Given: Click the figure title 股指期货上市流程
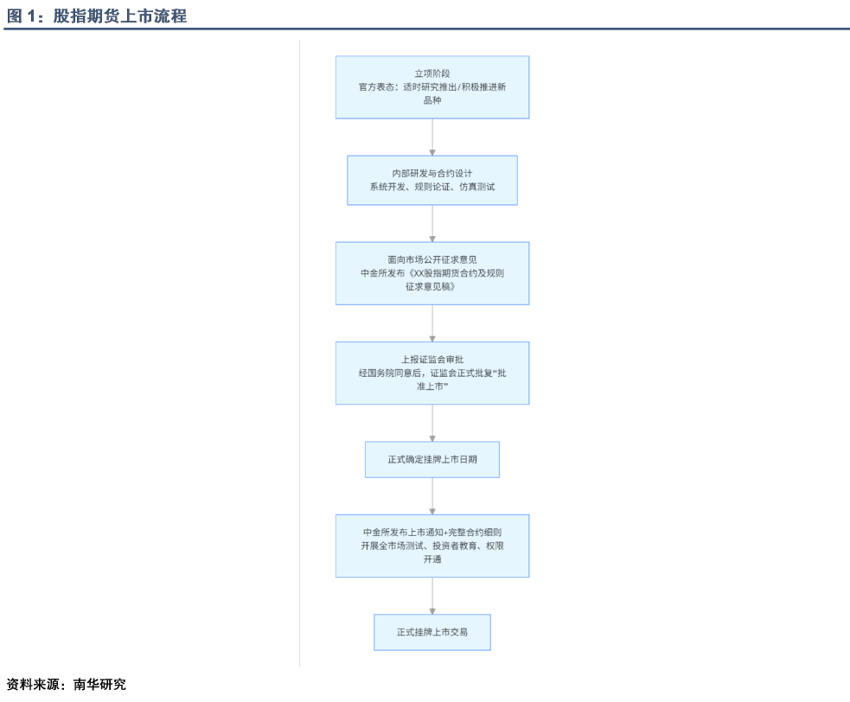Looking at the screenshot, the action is click(x=120, y=16).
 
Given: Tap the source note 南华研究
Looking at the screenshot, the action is click(x=99, y=684).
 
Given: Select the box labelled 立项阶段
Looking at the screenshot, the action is click(x=432, y=87).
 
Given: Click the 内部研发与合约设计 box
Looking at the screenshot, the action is click(x=432, y=181).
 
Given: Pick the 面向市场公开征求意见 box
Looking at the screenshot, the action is click(x=432, y=273).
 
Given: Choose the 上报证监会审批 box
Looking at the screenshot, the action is click(x=432, y=373).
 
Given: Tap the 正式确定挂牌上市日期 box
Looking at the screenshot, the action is click(x=432, y=460).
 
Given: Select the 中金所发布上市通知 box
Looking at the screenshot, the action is click(x=432, y=546).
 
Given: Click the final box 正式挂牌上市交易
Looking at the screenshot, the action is click(x=432, y=632).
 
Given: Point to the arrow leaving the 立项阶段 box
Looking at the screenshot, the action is click(x=432, y=137).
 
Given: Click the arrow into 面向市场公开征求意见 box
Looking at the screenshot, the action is click(x=432, y=223).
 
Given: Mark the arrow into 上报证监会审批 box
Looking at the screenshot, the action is click(x=432, y=323).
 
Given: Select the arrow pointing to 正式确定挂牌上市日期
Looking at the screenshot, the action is click(x=432, y=423).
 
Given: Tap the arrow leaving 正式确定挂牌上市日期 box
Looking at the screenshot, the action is click(x=432, y=496).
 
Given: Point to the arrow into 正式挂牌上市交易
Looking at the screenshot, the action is click(x=432, y=596).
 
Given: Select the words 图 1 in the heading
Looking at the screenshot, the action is click(x=21, y=16).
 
